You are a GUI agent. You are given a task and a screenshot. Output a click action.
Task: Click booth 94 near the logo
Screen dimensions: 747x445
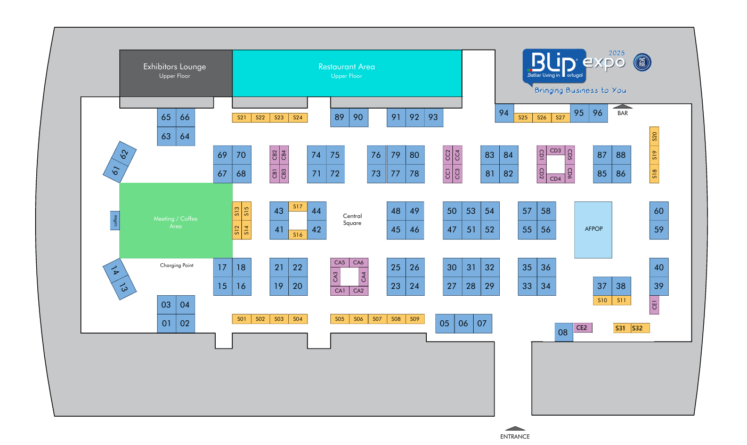click(504, 113)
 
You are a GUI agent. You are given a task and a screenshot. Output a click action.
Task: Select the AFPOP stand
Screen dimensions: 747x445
click(593, 230)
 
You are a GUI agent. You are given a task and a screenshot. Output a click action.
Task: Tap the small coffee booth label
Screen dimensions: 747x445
click(115, 221)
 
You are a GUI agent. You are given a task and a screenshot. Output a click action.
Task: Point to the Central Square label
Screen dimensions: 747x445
click(352, 220)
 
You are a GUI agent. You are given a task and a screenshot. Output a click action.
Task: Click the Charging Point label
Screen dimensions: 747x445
click(176, 265)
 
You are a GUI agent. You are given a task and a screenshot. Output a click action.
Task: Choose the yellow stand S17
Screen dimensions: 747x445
click(297, 206)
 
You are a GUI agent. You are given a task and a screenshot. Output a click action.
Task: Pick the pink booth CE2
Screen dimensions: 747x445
click(582, 328)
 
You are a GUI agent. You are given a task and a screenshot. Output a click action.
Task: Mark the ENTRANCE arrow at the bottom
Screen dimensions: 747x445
click(515, 428)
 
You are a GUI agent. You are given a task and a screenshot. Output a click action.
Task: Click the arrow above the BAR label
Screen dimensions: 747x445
click(622, 107)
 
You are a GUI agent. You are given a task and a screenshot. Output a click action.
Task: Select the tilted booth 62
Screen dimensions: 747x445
click(124, 154)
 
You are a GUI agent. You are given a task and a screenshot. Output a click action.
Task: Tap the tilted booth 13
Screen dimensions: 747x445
click(124, 287)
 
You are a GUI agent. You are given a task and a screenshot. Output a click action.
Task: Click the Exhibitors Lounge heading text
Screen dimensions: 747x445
click(174, 67)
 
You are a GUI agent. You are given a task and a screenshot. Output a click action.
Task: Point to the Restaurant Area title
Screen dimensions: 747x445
click(346, 67)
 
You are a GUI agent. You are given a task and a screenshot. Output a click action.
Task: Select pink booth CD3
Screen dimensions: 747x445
click(555, 150)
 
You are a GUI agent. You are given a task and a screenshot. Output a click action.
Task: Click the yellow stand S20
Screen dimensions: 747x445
click(654, 136)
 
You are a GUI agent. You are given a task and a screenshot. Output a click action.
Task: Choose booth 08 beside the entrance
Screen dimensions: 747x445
click(564, 332)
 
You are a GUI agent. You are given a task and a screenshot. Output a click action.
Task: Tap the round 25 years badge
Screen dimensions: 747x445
click(642, 62)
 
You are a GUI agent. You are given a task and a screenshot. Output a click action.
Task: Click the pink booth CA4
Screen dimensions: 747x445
click(363, 277)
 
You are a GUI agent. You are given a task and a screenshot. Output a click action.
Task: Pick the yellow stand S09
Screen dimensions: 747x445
click(415, 319)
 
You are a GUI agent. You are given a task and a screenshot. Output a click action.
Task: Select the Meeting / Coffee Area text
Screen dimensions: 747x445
click(175, 222)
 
